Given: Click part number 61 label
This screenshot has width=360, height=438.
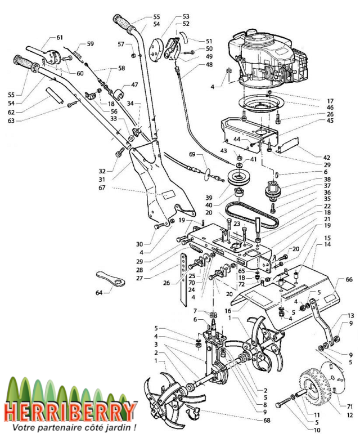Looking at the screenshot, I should click(60, 38).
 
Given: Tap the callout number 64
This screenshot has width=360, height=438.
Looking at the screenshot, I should click(100, 293).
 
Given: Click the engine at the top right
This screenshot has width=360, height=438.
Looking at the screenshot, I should click(270, 62).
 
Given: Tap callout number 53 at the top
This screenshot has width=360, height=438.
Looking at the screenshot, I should click(186, 17).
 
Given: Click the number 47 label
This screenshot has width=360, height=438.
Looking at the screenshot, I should click(134, 85).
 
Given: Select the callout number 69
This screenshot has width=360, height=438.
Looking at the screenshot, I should click(192, 154).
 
